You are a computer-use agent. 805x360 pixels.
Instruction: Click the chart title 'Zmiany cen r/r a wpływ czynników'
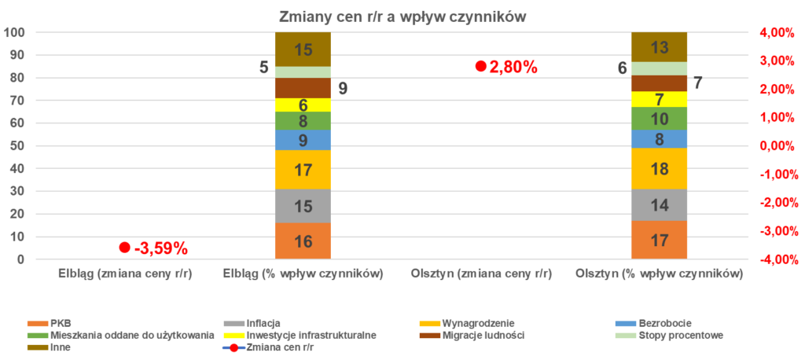click(402, 17)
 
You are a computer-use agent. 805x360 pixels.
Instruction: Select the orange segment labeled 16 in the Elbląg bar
click(303, 241)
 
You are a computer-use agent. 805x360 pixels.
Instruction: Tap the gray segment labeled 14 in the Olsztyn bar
click(660, 205)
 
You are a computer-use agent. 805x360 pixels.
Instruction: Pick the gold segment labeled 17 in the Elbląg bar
click(303, 169)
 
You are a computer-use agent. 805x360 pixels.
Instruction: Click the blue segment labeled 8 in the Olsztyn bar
click(660, 139)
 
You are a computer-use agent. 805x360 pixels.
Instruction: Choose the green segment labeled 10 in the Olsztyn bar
click(660, 119)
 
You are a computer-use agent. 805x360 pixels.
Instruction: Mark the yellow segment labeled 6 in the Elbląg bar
click(303, 105)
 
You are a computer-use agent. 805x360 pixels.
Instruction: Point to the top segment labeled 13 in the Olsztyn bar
click(660, 47)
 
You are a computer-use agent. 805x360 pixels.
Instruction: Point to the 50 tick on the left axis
click(17, 146)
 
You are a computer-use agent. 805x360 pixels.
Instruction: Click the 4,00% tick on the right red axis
click(777, 33)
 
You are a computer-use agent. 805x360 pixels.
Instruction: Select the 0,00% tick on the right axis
click(777, 146)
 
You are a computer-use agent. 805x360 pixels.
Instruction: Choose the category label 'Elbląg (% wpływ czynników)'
click(303, 274)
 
